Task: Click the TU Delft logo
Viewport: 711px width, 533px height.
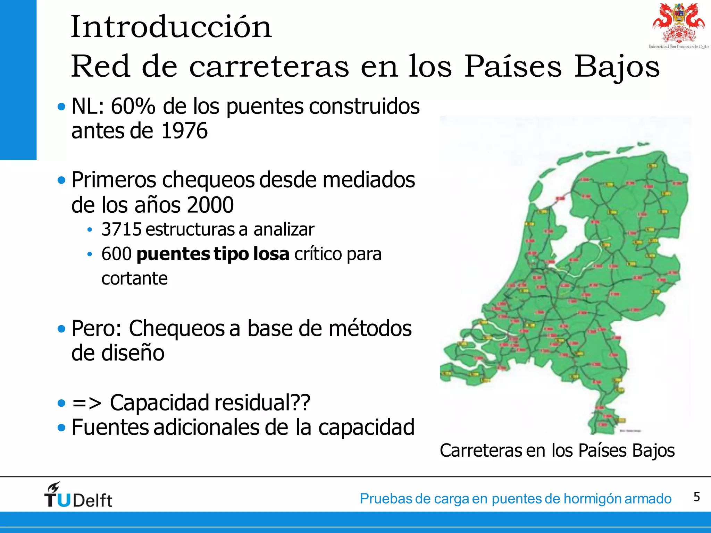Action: pos(78,495)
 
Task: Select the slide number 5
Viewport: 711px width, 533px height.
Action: pos(696,497)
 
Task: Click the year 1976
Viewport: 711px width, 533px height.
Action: pos(184,131)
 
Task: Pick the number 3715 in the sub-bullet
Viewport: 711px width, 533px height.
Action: pos(122,229)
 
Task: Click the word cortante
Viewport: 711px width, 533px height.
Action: pos(134,279)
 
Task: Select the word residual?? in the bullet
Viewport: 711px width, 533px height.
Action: pos(262,403)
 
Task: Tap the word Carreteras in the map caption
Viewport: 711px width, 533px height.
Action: pos(480,451)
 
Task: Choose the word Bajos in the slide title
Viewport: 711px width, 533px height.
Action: pos(617,67)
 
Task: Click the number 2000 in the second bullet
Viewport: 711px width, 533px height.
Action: pos(210,205)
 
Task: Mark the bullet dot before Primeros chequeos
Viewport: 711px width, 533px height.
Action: pos(61,180)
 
